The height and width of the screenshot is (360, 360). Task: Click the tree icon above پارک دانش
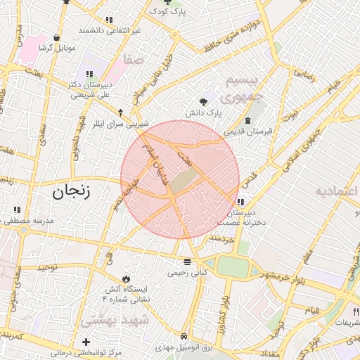204,101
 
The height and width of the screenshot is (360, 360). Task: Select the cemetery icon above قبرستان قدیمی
247,120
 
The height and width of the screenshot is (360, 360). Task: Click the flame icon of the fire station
126,278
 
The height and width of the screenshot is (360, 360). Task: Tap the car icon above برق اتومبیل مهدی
184,336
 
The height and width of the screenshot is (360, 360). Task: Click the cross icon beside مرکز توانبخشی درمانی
86,342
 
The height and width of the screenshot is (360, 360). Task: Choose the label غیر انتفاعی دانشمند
110,30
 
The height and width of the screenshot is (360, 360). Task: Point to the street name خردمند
220,240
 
